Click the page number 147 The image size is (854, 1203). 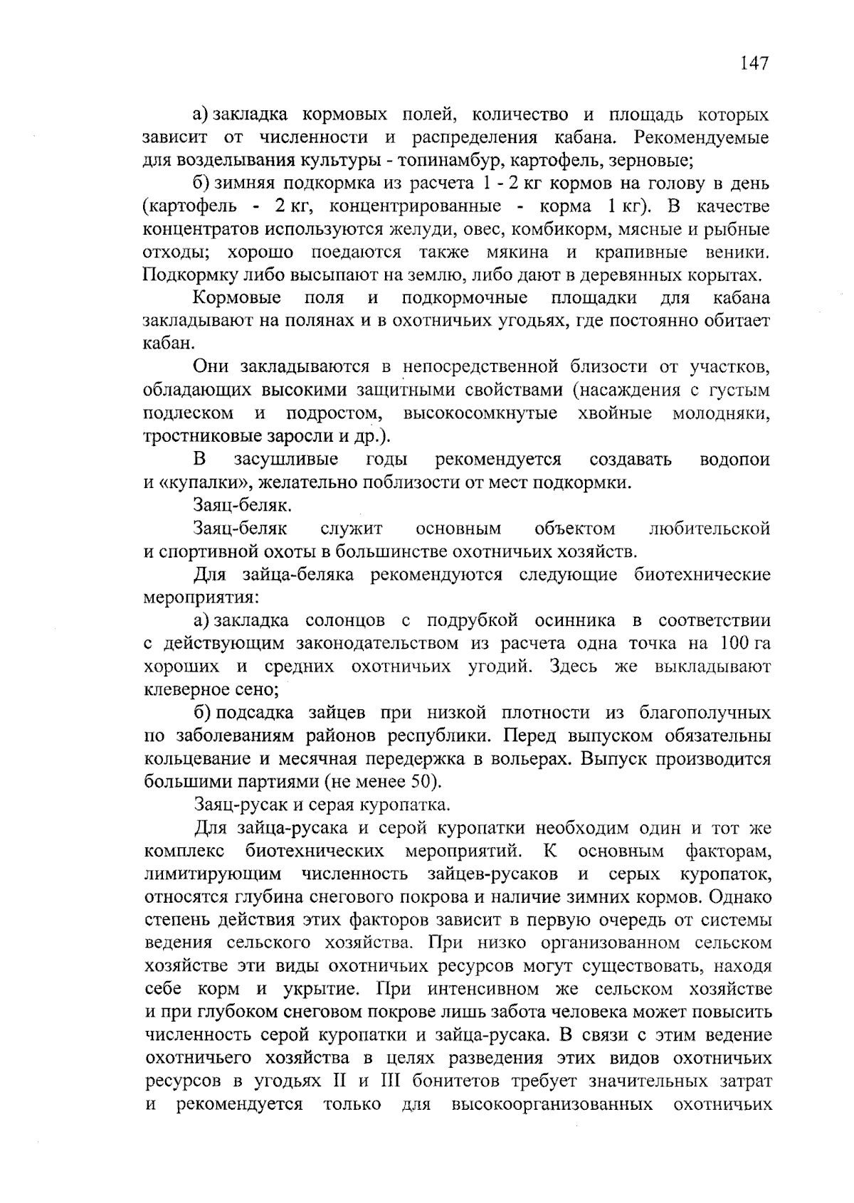[x=754, y=64]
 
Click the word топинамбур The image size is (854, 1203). [x=443, y=160]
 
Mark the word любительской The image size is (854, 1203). [x=710, y=529]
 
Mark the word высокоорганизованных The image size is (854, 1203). [x=552, y=1105]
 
